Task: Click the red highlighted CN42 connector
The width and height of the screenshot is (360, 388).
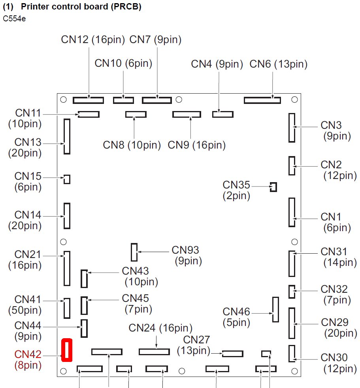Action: [x=67, y=350]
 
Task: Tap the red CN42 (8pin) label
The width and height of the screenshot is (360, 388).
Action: [x=28, y=360]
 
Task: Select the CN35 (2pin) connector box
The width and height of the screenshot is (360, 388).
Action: [x=273, y=187]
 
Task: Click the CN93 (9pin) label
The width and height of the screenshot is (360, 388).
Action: [x=186, y=255]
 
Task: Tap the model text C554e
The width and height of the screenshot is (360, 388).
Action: [x=14, y=19]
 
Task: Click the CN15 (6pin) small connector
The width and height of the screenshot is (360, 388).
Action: [x=67, y=179]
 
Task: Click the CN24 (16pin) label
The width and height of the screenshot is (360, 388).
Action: [x=161, y=328]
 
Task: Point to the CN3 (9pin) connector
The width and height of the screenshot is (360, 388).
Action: [x=292, y=128]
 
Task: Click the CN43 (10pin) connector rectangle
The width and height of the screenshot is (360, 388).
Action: [x=84, y=279]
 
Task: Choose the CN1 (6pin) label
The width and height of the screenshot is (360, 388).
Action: [x=335, y=222]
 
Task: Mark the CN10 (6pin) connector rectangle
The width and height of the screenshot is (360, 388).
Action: [x=123, y=100]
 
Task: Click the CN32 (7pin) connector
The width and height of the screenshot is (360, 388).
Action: [x=292, y=292]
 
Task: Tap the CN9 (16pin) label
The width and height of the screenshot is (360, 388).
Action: [x=196, y=145]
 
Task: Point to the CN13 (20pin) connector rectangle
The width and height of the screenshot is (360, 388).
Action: [x=67, y=136]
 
